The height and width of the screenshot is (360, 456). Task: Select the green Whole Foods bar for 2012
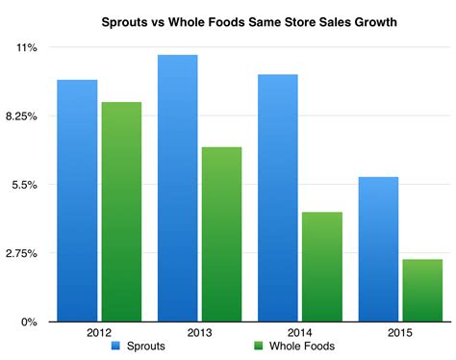pos(121,212)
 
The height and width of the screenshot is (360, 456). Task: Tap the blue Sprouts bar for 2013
pos(178,188)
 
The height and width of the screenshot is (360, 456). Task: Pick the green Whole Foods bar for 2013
pos(221,234)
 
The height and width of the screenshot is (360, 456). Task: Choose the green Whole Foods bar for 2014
pos(322,267)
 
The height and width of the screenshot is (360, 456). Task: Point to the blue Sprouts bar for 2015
pos(379,248)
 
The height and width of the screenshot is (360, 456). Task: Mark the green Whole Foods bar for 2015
pos(422,290)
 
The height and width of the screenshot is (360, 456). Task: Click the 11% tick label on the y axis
pos(26,47)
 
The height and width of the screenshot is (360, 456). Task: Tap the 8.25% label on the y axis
pos(21,116)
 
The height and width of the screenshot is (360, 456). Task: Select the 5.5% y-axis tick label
pos(24,185)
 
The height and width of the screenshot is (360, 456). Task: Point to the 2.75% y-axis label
pos(21,253)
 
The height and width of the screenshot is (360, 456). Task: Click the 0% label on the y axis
pos(30,322)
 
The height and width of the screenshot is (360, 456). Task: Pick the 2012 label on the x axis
pos(100,332)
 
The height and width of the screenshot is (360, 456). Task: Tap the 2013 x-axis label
pos(200,332)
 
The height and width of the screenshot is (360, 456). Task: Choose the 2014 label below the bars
pos(300,332)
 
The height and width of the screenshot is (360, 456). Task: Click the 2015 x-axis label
pos(400,332)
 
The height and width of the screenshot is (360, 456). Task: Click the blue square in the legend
pos(114,346)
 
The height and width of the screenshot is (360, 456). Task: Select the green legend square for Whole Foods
pos(258,346)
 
